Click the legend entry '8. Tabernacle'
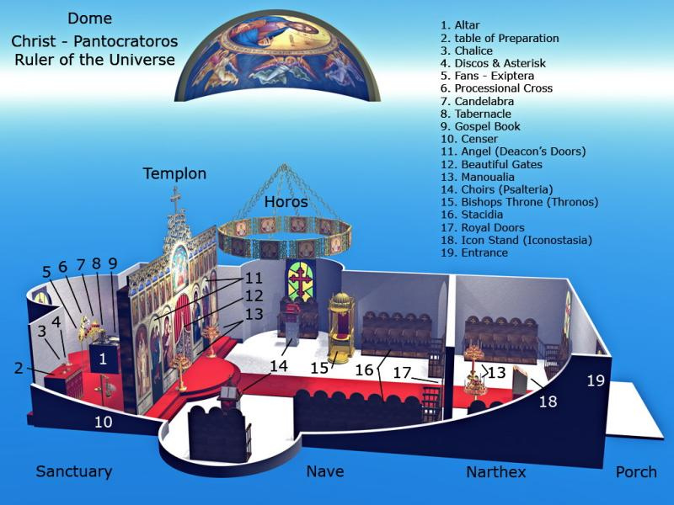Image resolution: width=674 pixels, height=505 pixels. click(476, 114)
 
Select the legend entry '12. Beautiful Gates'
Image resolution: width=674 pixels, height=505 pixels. click(491, 164)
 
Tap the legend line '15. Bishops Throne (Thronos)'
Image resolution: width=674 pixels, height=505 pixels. click(519, 202)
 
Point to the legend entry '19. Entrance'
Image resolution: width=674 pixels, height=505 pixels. click(474, 252)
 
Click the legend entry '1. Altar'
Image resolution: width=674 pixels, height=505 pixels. click(460, 25)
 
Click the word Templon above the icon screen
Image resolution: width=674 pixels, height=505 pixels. click(174, 173)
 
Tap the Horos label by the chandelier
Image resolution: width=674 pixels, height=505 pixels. click(286, 201)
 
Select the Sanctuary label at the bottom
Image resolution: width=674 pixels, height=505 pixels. click(74, 471)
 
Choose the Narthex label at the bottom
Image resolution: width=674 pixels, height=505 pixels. click(496, 472)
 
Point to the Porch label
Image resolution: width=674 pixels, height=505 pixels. click(636, 472)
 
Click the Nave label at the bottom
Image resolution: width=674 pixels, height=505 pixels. click(325, 471)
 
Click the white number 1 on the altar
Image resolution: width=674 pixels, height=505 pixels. click(103, 359)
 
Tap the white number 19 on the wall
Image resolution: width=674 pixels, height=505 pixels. click(596, 380)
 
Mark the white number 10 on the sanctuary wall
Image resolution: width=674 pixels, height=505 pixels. click(103, 422)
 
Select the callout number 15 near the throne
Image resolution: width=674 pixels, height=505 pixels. click(319, 368)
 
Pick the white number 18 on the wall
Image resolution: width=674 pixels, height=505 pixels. click(548, 401)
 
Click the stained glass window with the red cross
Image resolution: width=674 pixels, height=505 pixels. click(301, 281)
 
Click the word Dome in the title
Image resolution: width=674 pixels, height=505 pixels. click(90, 18)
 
